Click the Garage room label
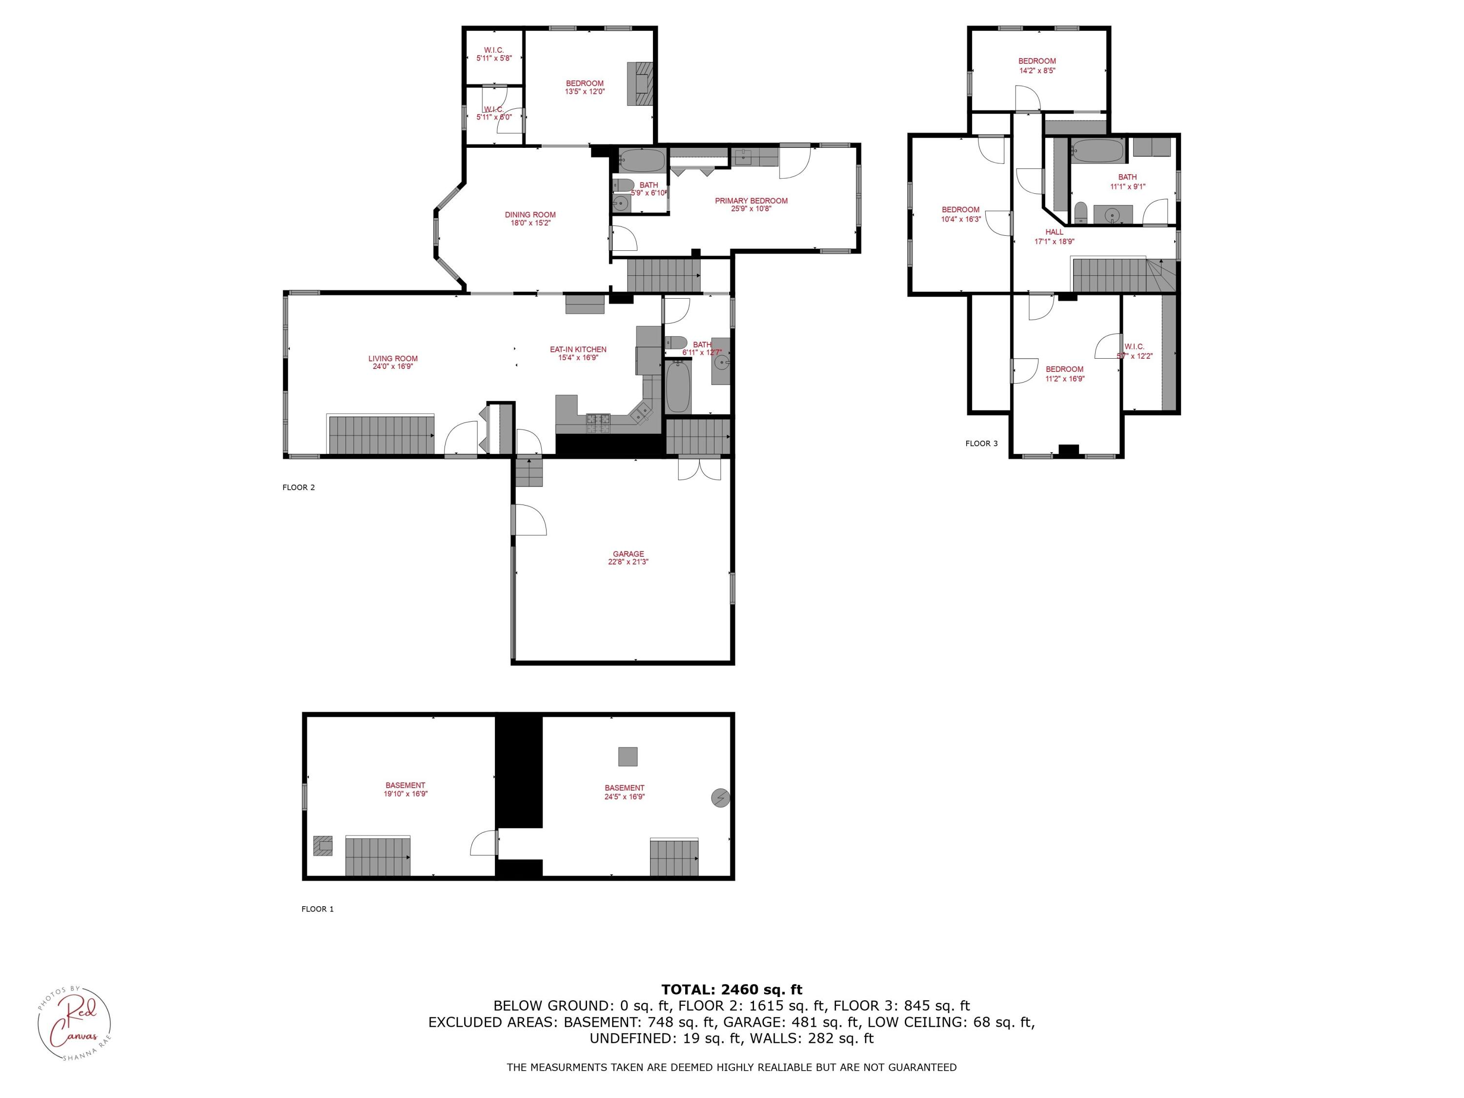(x=628, y=554)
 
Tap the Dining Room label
(x=530, y=214)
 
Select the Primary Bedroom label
(x=751, y=201)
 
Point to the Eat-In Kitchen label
(x=578, y=349)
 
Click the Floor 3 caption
(x=981, y=444)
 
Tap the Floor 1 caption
(x=317, y=909)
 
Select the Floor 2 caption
(x=299, y=487)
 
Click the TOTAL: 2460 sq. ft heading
(x=732, y=990)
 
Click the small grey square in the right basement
(x=628, y=756)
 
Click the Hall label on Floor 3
(x=1054, y=232)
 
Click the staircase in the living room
(x=381, y=435)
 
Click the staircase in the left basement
(x=377, y=856)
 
